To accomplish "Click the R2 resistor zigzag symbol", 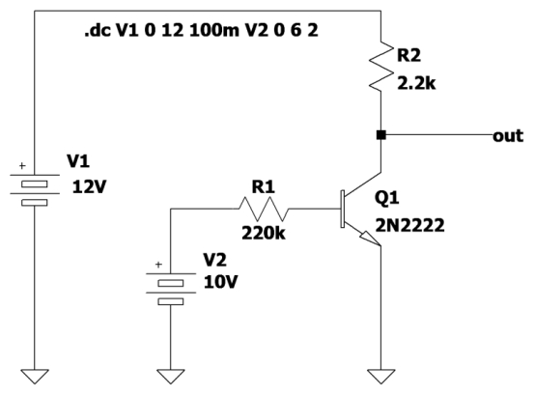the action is point(381,67).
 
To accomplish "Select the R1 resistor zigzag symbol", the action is point(264,209).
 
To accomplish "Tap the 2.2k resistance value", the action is point(416,83).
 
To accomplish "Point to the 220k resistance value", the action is point(264,234).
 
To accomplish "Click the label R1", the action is point(263,187).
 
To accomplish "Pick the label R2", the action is point(408,55).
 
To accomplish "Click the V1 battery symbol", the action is point(35,188).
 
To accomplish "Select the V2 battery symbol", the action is point(171,288).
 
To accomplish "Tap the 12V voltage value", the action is point(89,187).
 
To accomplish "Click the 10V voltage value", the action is point(221,282).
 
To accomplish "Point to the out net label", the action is point(508,136).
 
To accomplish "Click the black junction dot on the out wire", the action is point(381,135).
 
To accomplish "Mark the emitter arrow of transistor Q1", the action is point(370,238).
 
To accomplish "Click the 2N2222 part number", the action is point(410,225).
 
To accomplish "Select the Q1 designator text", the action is point(387,197).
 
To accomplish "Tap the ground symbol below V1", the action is point(35,377).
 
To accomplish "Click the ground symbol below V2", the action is point(171,377).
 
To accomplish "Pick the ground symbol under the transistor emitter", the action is point(381,377).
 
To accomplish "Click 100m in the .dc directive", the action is point(214,31).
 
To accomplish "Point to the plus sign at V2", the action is point(158,265).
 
